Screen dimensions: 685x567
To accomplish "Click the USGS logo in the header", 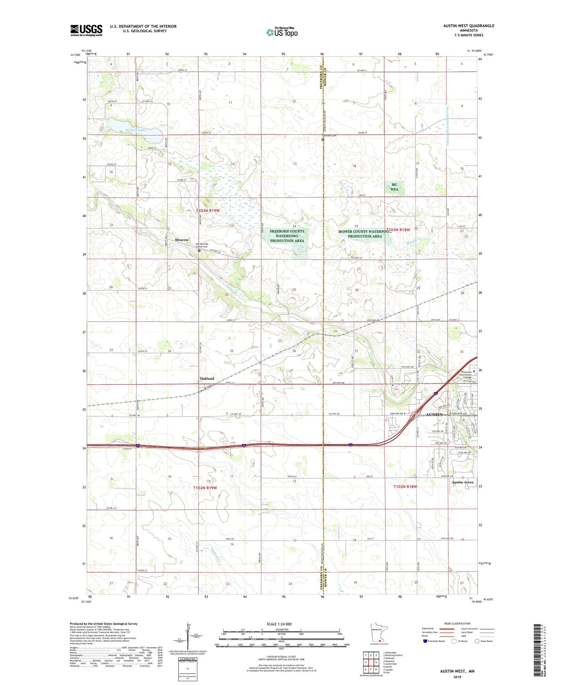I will pyautogui.click(x=86, y=30).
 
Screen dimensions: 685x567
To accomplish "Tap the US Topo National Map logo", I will pyautogui.click(x=282, y=32).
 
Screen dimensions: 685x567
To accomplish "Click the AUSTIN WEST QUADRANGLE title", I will pyautogui.click(x=468, y=26).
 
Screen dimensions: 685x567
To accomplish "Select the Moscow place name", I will pyautogui.click(x=181, y=240).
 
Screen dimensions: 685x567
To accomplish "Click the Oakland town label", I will pyautogui.click(x=207, y=379).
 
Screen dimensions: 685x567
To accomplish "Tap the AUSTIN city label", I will pyautogui.click(x=434, y=414).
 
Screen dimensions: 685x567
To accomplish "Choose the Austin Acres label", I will pyautogui.click(x=462, y=482).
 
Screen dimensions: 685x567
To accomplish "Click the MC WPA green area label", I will pyautogui.click(x=394, y=187).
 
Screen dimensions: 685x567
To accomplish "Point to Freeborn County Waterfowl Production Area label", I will pyautogui.click(x=287, y=236).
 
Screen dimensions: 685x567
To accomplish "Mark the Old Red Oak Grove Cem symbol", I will pyautogui.click(x=199, y=250).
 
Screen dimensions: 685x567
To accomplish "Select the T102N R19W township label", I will pyautogui.click(x=205, y=488).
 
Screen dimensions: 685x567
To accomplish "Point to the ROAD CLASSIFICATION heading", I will pyautogui.click(x=457, y=623).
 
